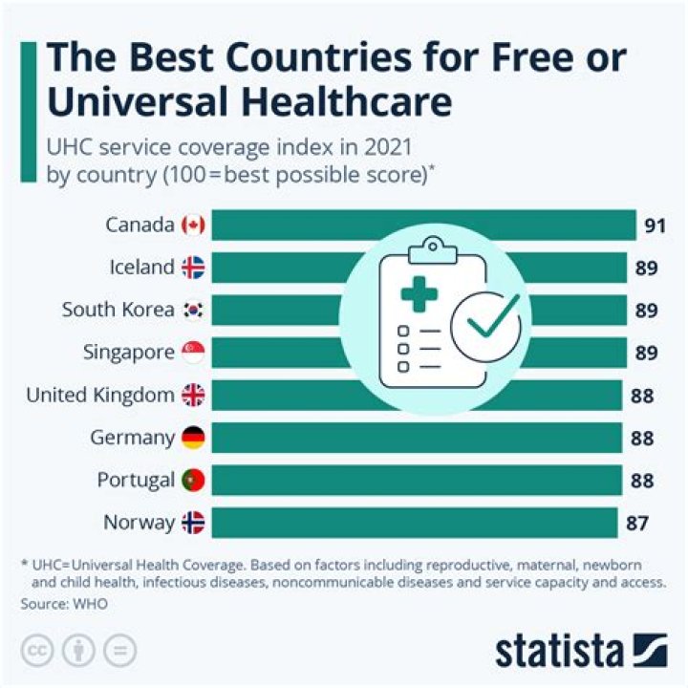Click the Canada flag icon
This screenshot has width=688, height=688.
(x=193, y=226)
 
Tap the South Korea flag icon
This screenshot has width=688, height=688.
(x=193, y=311)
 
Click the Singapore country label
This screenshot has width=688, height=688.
(x=129, y=353)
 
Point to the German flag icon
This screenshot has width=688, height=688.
(x=193, y=438)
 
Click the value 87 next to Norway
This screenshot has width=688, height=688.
(x=637, y=523)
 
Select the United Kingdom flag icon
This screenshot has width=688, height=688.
(x=193, y=396)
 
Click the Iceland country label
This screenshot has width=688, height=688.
(x=141, y=268)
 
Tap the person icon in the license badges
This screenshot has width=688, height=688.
(x=78, y=651)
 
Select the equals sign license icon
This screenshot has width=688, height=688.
(x=120, y=651)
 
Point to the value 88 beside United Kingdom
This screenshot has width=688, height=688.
(x=642, y=396)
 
